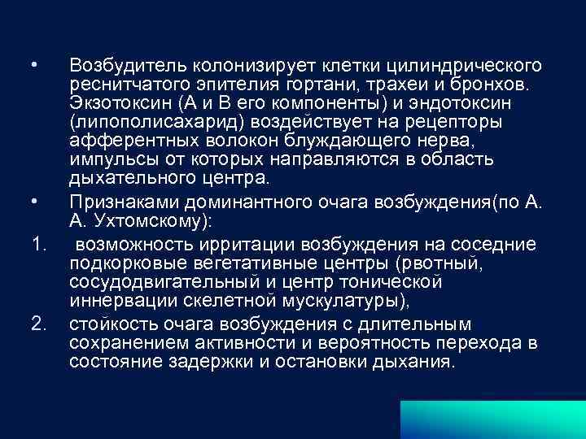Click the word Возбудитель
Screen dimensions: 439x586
coord(118,64)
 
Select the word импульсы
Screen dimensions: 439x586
coord(108,160)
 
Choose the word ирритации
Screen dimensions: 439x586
coord(254,244)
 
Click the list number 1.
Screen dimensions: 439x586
coord(37,245)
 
